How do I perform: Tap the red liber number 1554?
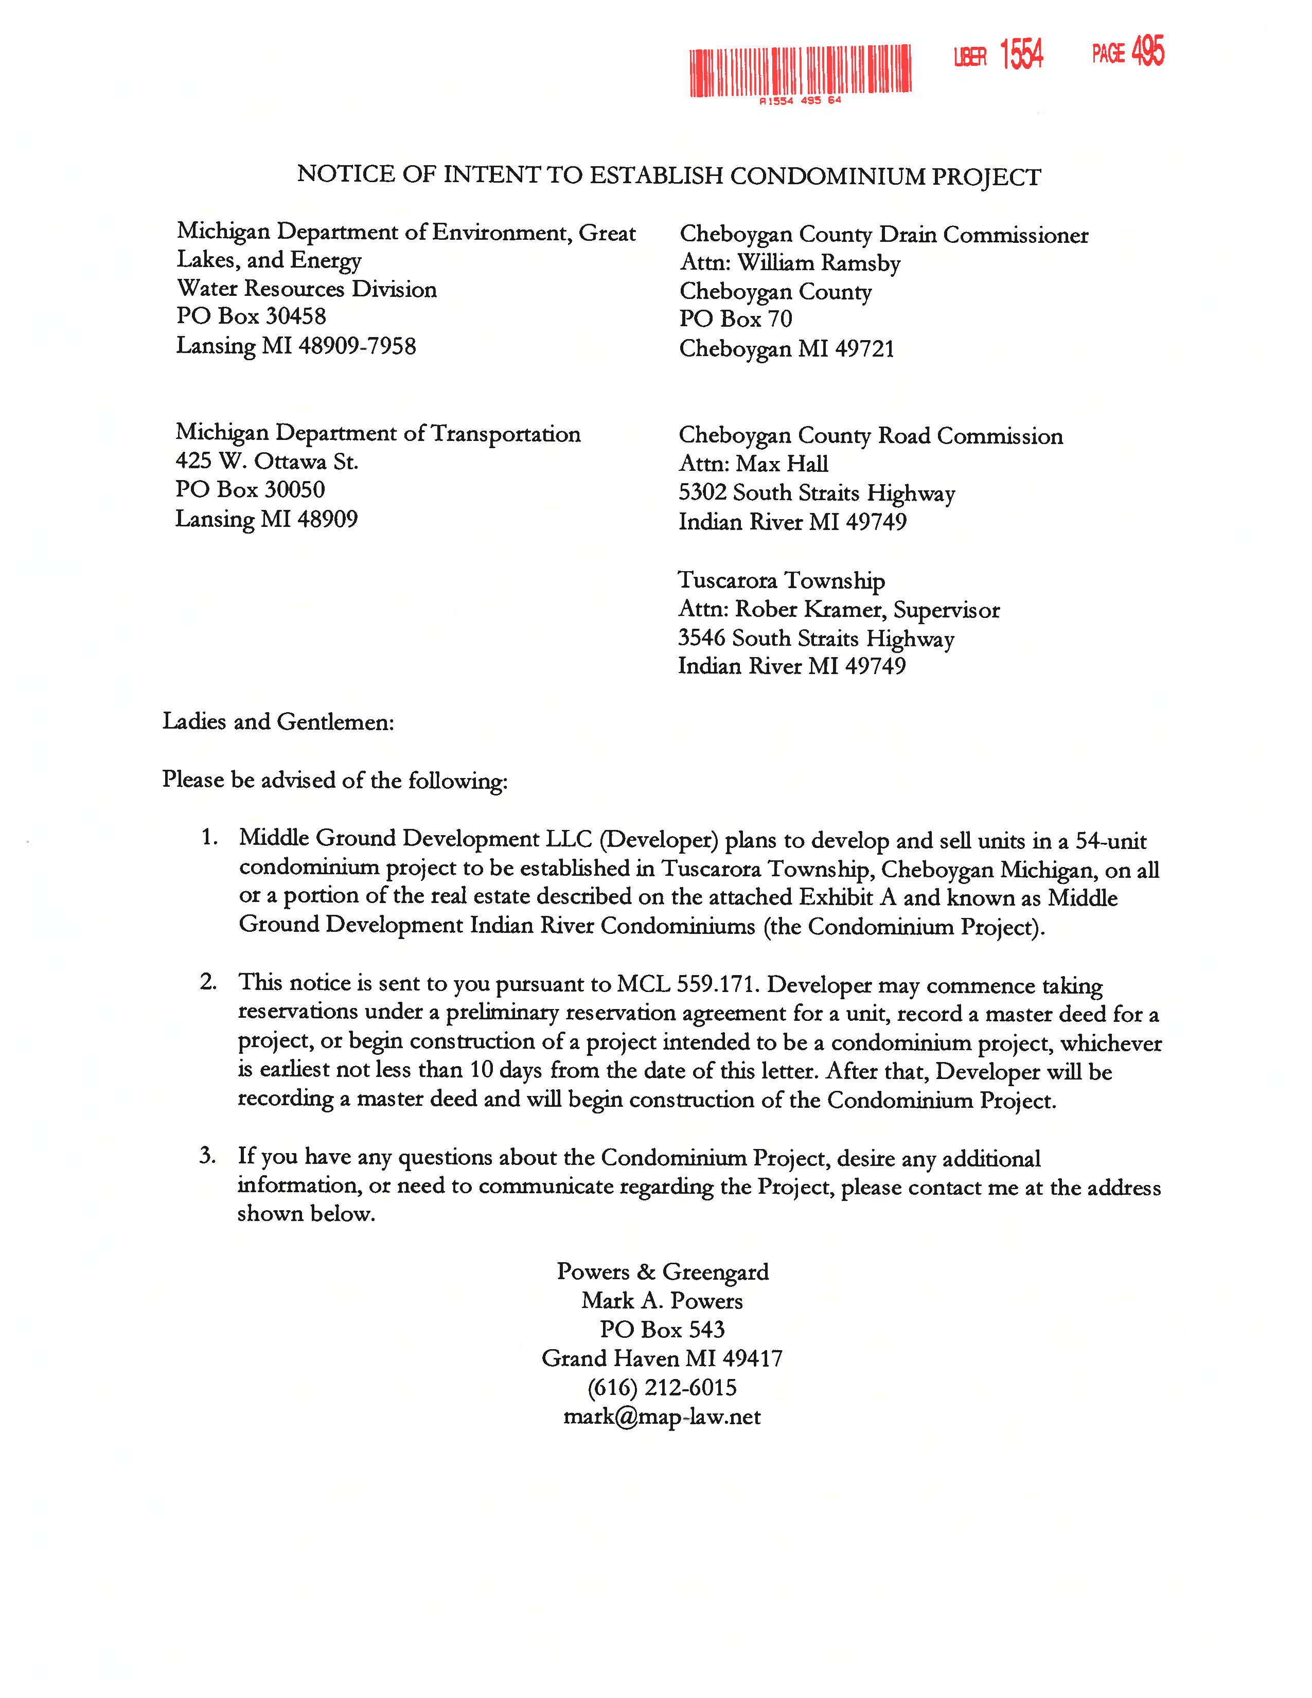1021,55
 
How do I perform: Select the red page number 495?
1147,51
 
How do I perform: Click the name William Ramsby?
819,263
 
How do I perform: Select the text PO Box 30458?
251,316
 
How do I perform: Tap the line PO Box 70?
735,319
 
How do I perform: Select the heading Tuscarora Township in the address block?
781,580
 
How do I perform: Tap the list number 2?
207,982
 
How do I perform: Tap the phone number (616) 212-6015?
662,1387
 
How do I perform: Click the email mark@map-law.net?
662,1416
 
